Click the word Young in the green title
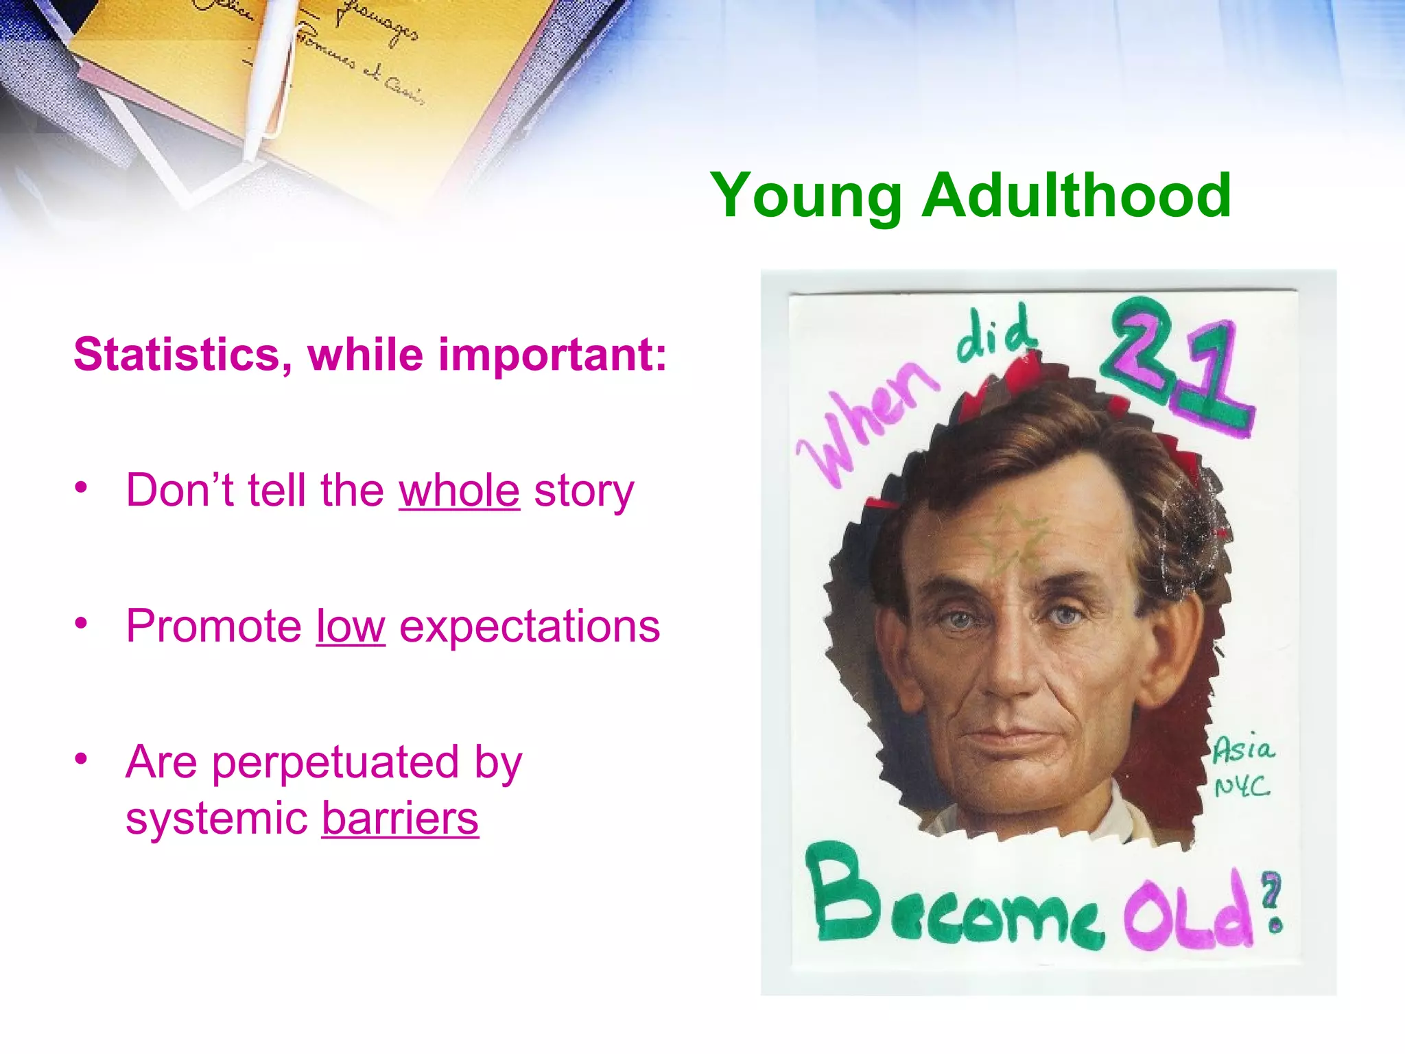pos(805,197)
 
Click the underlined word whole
pos(459,491)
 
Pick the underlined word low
pos(351,626)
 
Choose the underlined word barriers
pos(400,818)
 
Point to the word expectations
pos(530,626)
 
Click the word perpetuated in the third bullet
pos(335,762)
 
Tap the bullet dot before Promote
pos(82,623)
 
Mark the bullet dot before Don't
pos(82,487)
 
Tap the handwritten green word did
pos(995,335)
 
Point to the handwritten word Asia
pos(1243,749)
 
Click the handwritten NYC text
pos(1242,786)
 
